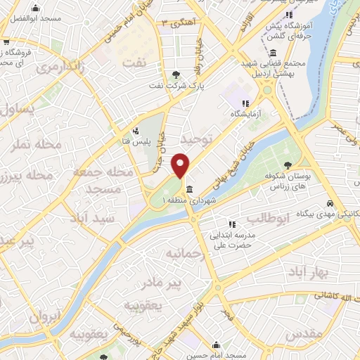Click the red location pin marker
click(x=181, y=165)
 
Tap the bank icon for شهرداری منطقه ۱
click(x=191, y=188)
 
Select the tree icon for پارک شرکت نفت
click(x=176, y=75)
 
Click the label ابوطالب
click(x=269, y=219)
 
